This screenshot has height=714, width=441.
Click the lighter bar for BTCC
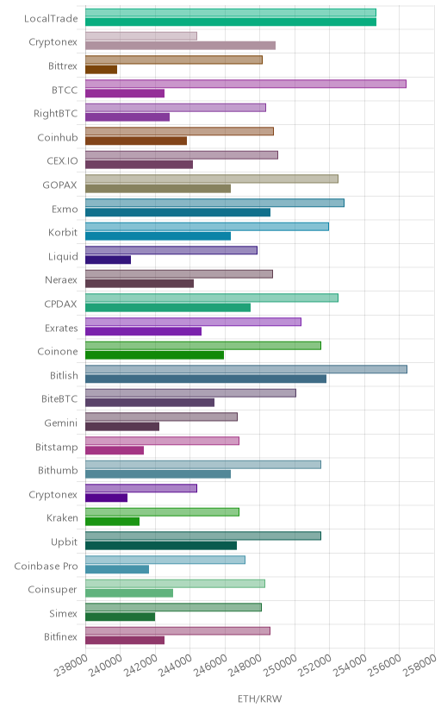[245, 84]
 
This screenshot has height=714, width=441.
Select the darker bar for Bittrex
[101, 70]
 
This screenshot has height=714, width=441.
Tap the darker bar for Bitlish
[206, 379]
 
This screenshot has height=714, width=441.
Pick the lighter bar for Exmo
[214, 203]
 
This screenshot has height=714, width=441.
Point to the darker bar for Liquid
[108, 260]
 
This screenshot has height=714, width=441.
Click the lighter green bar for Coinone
[202, 346]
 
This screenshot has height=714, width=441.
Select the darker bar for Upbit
[161, 546]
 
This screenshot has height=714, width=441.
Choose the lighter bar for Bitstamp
[162, 441]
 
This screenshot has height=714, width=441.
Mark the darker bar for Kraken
[112, 522]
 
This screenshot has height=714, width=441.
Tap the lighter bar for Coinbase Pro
[165, 560]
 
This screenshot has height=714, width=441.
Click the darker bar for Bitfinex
[125, 641]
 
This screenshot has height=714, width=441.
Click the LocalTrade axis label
[51, 19]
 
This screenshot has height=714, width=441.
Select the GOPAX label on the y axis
[59, 185]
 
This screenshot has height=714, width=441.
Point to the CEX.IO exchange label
[62, 161]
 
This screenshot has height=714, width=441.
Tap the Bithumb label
[58, 470]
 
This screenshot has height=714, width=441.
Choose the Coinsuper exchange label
[53, 590]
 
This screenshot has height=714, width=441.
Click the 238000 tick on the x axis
[71, 665]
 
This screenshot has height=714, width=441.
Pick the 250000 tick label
[280, 665]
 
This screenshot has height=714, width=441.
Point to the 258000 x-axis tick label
[419, 665]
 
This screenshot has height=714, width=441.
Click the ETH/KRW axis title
[259, 699]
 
